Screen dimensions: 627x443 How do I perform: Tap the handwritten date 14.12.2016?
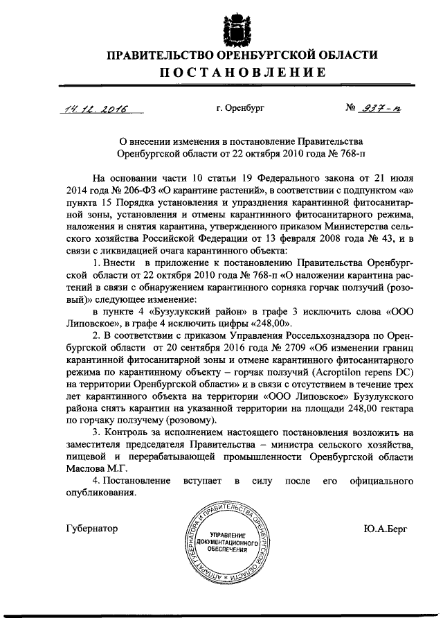click(x=91, y=109)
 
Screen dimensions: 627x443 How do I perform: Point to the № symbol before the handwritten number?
click(x=352, y=109)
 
